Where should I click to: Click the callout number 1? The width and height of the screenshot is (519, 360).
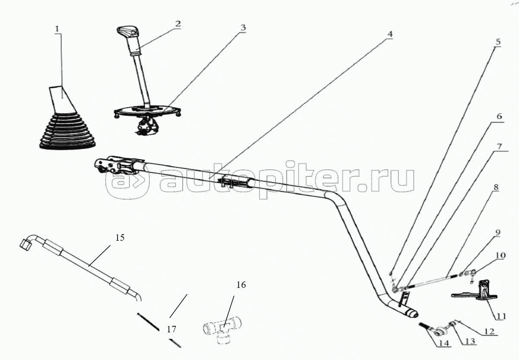coord(58,29)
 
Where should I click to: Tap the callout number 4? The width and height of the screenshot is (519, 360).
coord(389,33)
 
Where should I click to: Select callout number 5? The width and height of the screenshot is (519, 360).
coord(497,42)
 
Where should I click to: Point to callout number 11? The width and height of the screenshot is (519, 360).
coord(500,316)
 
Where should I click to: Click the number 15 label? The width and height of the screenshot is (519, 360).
coord(120,237)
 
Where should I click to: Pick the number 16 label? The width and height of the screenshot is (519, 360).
coord(241,285)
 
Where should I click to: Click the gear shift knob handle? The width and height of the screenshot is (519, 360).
coord(126,32)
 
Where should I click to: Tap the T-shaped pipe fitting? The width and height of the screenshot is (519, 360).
coord(222,328)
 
